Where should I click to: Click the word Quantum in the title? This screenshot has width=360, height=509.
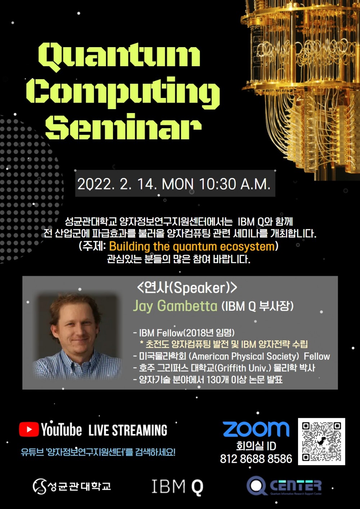(x=119, y=58)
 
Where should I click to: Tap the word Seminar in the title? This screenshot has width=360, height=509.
(x=123, y=126)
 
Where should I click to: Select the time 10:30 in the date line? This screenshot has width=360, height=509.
(x=217, y=184)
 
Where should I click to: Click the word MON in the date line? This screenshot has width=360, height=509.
(x=178, y=184)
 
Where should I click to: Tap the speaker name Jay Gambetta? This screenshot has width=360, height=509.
(x=175, y=306)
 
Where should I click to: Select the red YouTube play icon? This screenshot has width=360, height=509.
(x=29, y=429)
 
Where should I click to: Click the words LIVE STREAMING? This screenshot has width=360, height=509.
(x=128, y=430)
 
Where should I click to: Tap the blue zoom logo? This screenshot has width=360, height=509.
(x=256, y=429)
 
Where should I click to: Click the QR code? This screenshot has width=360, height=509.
(x=321, y=441)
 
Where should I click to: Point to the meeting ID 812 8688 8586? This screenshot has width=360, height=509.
(x=256, y=459)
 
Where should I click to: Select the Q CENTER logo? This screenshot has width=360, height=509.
(x=284, y=485)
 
